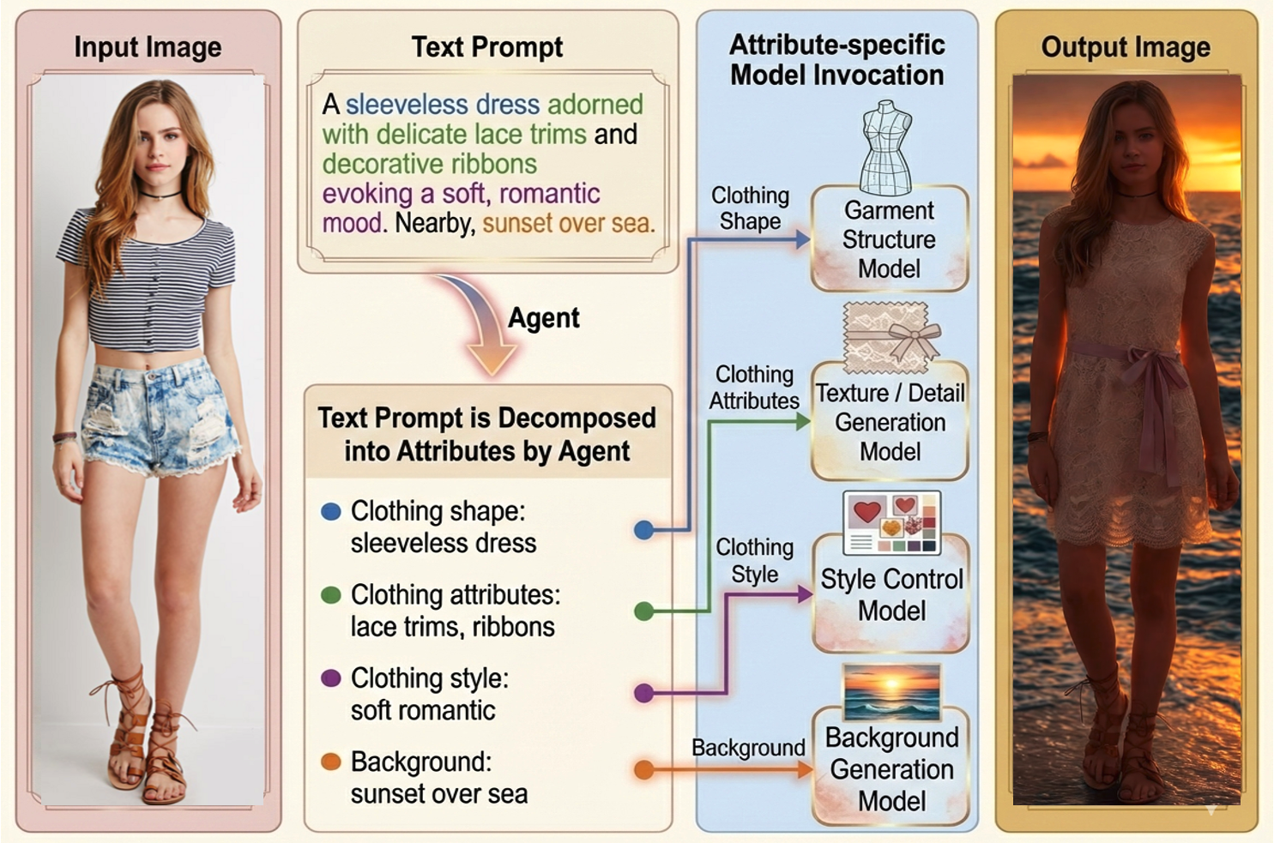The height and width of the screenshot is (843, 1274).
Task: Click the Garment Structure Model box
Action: (889, 239)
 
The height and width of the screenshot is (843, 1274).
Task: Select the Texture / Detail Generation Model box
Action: (889, 422)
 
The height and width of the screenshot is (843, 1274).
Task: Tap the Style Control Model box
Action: (891, 594)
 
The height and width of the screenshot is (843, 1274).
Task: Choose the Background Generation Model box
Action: (891, 768)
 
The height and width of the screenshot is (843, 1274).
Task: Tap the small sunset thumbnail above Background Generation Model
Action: (891, 692)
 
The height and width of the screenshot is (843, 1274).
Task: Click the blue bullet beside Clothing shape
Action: (330, 512)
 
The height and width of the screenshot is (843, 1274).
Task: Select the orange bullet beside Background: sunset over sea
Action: (330, 762)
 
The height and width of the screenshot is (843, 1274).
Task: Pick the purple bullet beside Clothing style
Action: (330, 678)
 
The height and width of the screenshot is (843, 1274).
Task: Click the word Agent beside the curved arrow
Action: (543, 318)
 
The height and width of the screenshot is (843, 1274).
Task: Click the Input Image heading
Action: (148, 47)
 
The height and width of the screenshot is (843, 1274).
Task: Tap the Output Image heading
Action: (1126, 47)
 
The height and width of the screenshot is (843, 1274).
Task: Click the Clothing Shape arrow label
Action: (750, 208)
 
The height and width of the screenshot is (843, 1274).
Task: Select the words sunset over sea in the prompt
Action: (568, 224)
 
